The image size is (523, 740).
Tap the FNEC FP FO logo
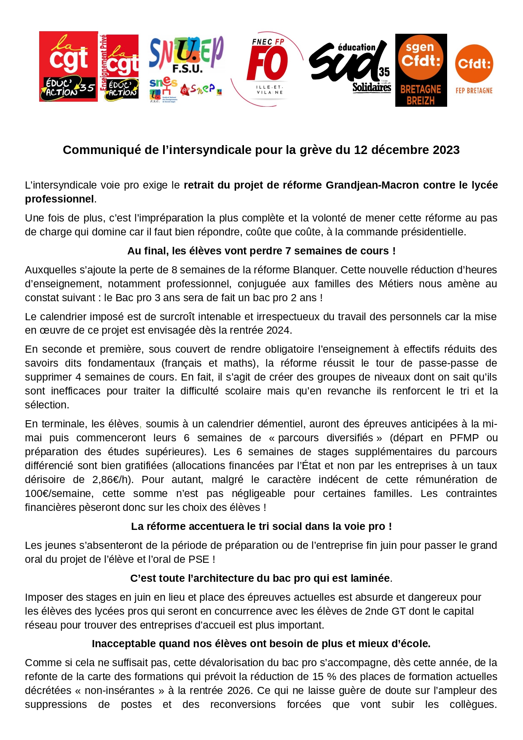point(268,68)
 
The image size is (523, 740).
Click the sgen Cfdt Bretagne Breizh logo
point(421,70)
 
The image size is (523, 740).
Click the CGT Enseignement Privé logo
point(119,68)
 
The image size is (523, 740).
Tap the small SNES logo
point(163,89)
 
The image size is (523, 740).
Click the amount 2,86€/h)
point(113,479)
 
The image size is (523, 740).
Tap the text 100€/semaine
point(58,493)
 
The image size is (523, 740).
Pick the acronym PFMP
point(464,438)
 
